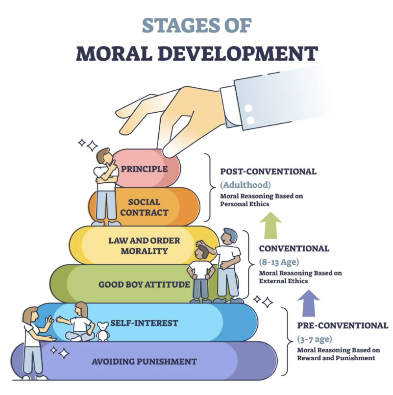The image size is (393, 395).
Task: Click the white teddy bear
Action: click(x=103, y=331)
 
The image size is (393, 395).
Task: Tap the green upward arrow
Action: click(x=270, y=225)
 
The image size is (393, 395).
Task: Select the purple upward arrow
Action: click(x=309, y=303)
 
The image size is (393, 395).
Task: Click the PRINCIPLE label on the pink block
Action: click(x=144, y=169)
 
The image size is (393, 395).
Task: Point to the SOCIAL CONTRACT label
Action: click(x=144, y=207)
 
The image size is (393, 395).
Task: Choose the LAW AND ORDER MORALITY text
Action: click(x=144, y=246)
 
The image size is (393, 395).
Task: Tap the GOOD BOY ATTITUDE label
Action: click(x=144, y=284)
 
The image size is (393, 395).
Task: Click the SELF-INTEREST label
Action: click(x=144, y=323)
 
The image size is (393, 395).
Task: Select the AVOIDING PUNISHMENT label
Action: click(x=144, y=362)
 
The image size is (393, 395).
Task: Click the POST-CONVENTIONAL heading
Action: click(x=269, y=172)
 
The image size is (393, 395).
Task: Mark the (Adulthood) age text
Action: click(x=246, y=185)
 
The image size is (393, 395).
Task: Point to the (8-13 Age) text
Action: click(x=279, y=262)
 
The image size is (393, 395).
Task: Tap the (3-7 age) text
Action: click(x=315, y=339)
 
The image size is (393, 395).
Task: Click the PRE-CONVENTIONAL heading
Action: click(x=343, y=325)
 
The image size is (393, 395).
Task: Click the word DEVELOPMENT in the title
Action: click(x=238, y=53)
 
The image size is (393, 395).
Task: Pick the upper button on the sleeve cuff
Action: click(x=248, y=109)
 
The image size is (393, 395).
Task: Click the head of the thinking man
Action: click(x=104, y=156)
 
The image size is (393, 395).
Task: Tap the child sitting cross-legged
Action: click(x=78, y=322)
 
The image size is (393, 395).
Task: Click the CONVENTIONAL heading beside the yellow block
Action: click(x=294, y=248)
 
